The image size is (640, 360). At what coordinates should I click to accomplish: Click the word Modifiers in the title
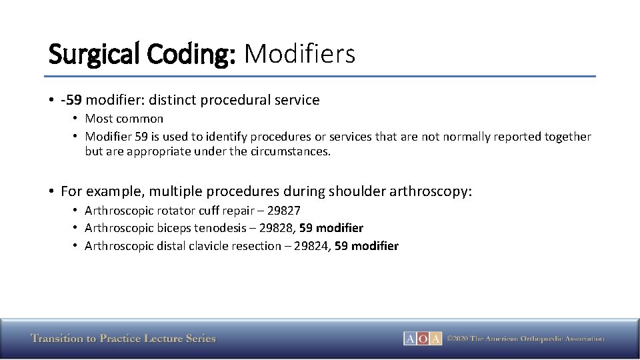299,53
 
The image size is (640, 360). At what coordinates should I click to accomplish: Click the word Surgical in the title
91,53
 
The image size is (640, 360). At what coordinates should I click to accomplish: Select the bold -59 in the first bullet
71,100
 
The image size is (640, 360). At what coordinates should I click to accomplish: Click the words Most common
124,119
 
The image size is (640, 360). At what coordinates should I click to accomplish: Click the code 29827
283,211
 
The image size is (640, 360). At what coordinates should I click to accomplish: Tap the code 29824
313,246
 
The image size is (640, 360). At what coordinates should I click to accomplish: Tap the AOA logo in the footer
422,339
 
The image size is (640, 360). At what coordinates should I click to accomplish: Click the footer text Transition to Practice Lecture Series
123,339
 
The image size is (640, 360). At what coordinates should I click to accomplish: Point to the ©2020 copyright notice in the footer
525,339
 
